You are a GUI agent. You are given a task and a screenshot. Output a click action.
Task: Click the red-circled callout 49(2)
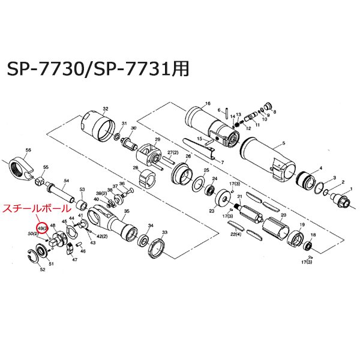42,229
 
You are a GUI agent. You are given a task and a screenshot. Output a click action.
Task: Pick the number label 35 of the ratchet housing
127,211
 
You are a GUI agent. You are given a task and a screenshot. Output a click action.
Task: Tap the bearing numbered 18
307,246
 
